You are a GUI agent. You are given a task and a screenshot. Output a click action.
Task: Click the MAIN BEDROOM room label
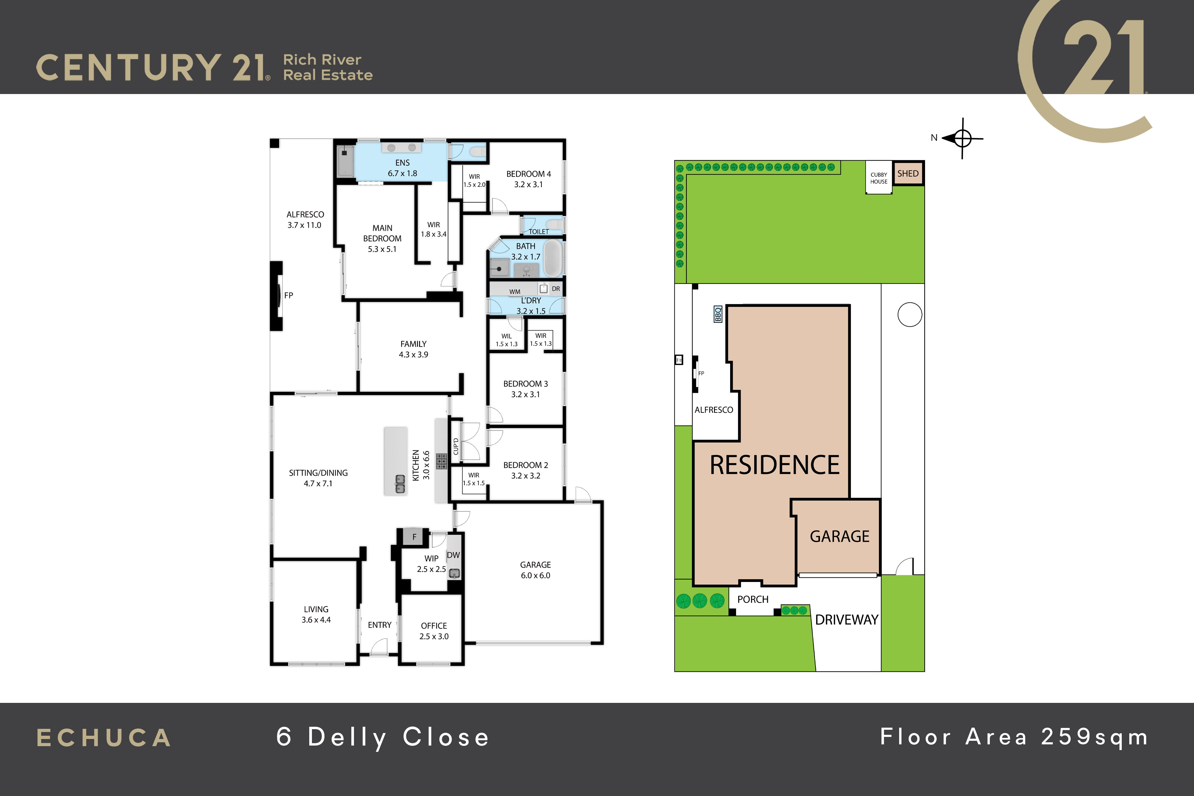[382, 238]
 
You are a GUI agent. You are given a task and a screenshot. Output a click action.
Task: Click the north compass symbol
[962, 138]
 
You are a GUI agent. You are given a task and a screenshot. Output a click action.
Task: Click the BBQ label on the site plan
[718, 314]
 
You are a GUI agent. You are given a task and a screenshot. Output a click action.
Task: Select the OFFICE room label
[434, 631]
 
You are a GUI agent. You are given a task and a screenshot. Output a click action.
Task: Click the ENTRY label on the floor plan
[380, 625]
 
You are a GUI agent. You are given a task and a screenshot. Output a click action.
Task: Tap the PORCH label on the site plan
[753, 600]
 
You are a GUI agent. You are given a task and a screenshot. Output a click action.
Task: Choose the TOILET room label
[538, 232]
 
